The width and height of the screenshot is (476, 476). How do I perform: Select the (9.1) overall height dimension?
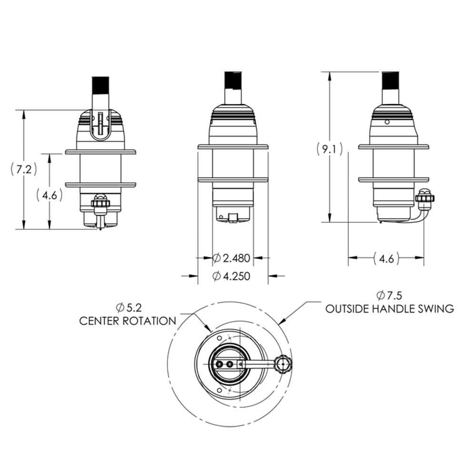(329, 149)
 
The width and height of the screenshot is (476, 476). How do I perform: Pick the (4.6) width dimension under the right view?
(386, 258)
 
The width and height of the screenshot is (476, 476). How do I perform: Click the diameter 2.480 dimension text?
(231, 258)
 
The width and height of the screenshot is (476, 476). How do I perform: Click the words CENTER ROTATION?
(128, 321)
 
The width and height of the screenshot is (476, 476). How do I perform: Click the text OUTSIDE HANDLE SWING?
(389, 308)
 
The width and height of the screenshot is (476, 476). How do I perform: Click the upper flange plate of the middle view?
(233, 147)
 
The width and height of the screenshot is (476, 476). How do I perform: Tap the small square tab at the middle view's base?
(233, 218)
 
